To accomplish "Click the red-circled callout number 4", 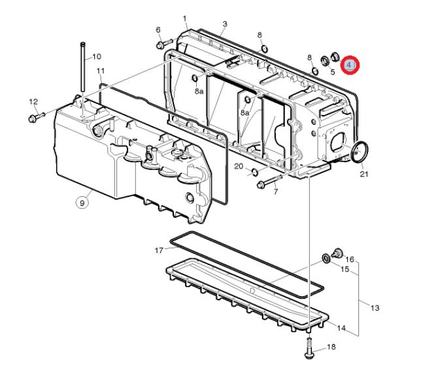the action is pos(350,65).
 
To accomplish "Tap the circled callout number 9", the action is pos(82,202).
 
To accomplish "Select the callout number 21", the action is pos(363,174).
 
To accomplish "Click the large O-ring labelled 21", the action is pos(360,152).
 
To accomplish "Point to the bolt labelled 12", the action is pos(37,117).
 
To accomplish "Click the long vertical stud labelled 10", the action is pos(82,67).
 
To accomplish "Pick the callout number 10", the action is pos(97,57).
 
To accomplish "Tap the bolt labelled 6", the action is pos(165,44).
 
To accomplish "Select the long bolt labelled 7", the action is pos(269,181).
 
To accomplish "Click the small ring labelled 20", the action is pos(254,172).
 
